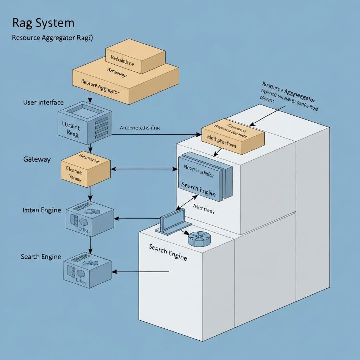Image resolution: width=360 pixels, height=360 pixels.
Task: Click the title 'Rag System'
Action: tap(43, 23)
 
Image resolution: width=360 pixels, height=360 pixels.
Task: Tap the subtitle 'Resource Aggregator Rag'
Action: tap(52, 38)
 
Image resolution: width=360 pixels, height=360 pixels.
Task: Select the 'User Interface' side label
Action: tap(43, 103)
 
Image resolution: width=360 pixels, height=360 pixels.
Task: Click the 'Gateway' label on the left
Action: tap(37, 159)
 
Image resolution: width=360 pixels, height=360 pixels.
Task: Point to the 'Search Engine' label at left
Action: tap(41, 257)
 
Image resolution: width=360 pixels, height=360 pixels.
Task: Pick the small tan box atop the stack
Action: tap(135, 56)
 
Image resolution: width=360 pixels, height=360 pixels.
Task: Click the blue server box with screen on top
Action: tap(84, 123)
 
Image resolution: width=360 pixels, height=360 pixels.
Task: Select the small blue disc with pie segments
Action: tap(199, 239)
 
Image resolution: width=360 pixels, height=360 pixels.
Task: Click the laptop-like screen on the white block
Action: tap(173, 221)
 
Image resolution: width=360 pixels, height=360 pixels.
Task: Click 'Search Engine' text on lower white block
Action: tap(168, 252)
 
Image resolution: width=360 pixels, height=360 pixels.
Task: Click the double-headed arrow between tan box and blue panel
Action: tap(144, 169)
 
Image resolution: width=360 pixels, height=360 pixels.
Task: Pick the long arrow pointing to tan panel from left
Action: tap(155, 134)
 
